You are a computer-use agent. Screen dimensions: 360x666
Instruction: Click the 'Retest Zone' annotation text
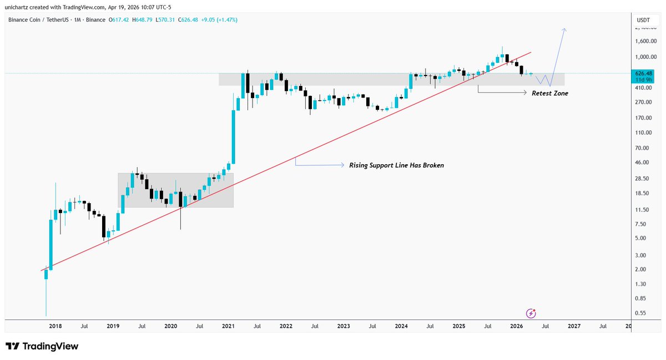(x=549, y=93)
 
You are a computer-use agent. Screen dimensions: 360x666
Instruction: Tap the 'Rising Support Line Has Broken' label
(x=396, y=165)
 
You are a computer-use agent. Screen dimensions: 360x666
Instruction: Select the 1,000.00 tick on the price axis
(x=645, y=57)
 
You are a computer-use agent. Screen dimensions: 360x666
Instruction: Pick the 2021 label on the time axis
(x=228, y=327)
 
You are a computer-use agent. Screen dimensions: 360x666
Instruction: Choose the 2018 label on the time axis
(x=54, y=327)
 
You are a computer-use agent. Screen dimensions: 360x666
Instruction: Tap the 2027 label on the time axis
(x=574, y=327)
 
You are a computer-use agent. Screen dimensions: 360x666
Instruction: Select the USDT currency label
(x=643, y=20)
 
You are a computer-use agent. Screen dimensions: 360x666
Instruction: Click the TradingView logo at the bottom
(x=42, y=346)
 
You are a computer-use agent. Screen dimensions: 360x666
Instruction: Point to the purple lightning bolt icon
(x=531, y=313)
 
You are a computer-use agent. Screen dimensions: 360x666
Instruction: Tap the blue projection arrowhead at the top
(x=564, y=30)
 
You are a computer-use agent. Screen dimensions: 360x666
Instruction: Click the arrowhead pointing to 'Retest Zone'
(x=524, y=93)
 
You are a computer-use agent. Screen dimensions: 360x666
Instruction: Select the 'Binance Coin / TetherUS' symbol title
(x=39, y=20)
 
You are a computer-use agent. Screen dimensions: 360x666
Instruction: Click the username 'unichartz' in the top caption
(x=17, y=6)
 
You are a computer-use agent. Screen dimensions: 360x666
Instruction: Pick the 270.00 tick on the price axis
(x=643, y=102)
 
